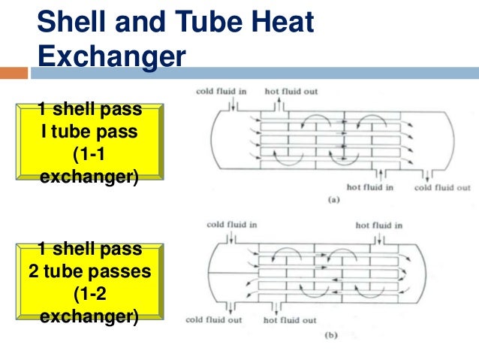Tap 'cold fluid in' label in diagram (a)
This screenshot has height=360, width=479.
[221, 92]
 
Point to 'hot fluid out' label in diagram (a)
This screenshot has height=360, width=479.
[291, 92]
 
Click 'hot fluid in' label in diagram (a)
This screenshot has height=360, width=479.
[369, 187]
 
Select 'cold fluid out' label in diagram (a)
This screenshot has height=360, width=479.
[442, 187]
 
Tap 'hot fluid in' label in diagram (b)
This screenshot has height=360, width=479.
[378, 225]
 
